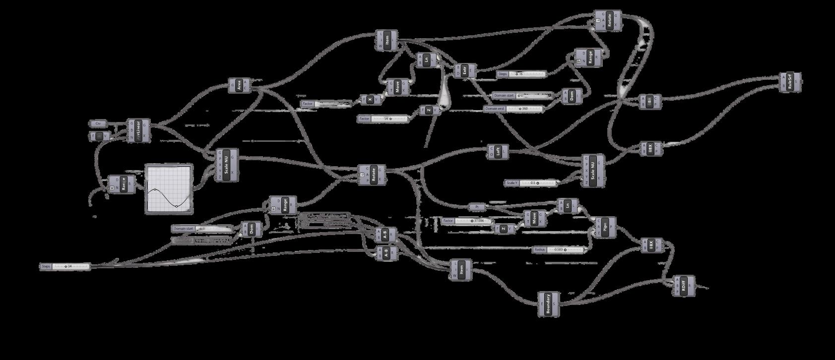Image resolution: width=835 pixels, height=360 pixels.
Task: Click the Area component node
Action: (x=240, y=86)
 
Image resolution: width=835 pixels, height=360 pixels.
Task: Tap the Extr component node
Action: (x=465, y=71)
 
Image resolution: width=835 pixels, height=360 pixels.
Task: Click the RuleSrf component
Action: (x=790, y=83)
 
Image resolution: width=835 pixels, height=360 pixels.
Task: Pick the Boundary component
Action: (x=548, y=304)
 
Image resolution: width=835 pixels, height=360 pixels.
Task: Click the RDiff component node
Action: (x=683, y=286)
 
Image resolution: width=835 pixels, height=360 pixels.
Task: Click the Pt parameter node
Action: (x=477, y=207)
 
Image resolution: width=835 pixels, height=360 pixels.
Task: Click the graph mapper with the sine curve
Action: (x=169, y=189)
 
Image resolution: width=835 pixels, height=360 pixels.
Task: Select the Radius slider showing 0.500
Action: (x=561, y=249)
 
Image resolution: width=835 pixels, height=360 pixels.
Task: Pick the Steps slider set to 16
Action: (x=521, y=74)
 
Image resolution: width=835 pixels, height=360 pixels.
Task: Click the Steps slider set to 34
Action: (x=65, y=266)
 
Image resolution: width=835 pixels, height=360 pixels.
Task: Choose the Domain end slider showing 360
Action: (x=513, y=109)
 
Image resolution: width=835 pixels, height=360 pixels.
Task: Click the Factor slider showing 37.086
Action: (x=466, y=221)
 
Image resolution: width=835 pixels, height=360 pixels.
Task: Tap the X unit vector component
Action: (x=371, y=100)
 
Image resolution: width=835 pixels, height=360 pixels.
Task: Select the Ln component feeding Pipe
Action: (x=567, y=206)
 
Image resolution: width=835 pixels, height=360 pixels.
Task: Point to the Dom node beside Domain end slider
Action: (x=572, y=96)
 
